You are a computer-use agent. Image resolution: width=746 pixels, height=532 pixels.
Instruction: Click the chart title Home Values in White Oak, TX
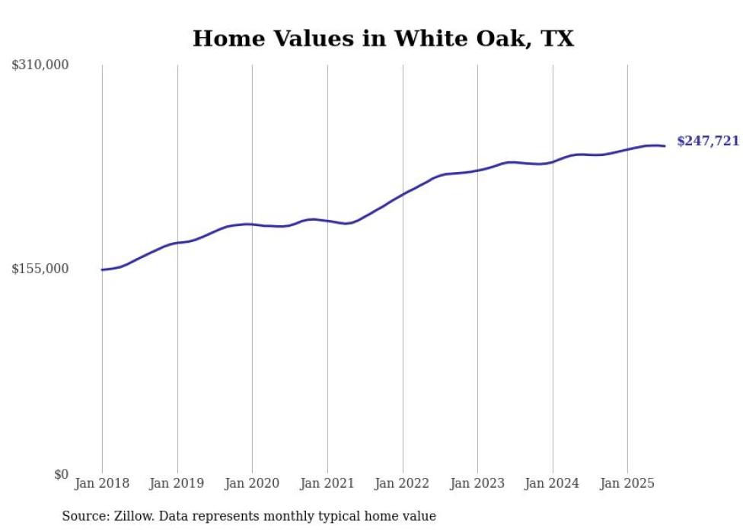point(383,39)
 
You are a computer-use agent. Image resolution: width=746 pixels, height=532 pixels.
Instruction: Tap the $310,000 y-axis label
point(40,65)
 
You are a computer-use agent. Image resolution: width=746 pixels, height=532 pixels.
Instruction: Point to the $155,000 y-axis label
point(40,269)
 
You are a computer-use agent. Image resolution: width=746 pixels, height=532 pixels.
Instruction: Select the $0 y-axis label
point(61,474)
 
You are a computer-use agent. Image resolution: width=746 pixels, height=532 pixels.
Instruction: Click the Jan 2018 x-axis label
point(102,483)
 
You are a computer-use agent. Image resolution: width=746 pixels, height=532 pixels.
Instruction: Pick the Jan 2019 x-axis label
point(177,483)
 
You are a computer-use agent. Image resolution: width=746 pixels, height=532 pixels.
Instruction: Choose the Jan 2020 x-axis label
point(252,483)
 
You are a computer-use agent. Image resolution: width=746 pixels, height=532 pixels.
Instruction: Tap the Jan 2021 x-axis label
point(327,483)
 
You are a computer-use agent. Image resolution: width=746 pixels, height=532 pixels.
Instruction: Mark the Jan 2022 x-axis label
point(403,483)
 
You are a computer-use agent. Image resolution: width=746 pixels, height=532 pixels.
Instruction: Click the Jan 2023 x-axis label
point(477,483)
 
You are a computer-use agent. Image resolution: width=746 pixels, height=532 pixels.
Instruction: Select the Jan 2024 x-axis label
point(553,483)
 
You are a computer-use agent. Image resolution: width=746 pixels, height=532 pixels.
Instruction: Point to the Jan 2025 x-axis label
point(627,483)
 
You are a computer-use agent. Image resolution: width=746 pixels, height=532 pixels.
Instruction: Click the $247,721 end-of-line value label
point(708,142)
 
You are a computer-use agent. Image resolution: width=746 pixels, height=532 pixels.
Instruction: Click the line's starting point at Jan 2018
point(102,269)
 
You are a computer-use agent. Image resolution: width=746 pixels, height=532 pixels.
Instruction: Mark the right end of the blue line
point(665,145)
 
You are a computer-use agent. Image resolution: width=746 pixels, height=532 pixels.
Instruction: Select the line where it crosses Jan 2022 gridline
point(403,193)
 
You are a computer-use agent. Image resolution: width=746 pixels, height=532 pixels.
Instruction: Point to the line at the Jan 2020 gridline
point(252,225)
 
